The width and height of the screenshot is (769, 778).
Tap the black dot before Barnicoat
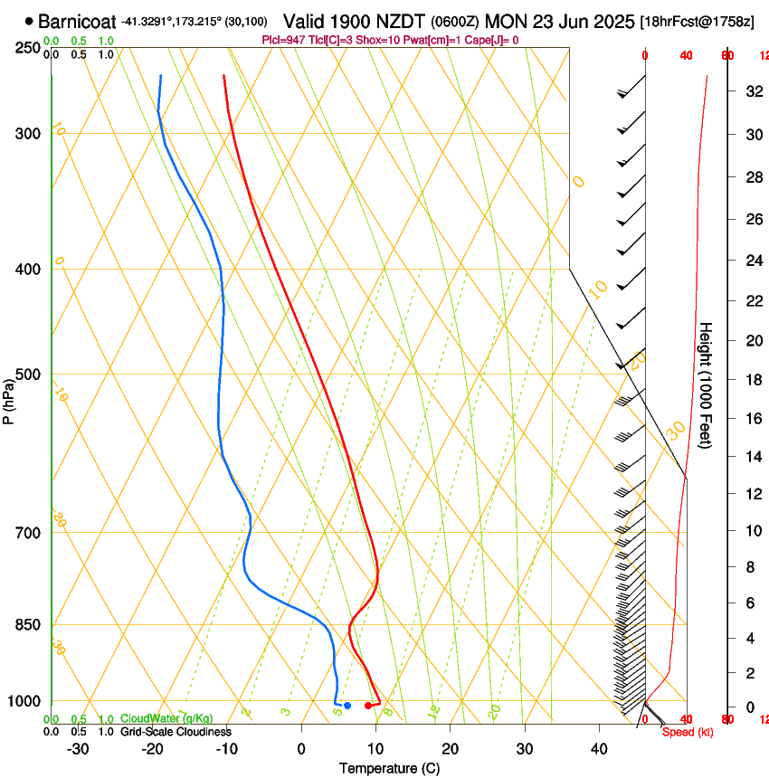coord(30,21)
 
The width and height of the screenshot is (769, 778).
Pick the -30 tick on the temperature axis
coord(78,749)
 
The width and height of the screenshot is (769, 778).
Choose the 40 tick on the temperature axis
coord(598,749)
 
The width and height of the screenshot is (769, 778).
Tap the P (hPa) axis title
coord(8,399)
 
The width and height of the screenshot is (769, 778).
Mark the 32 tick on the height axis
coord(751,91)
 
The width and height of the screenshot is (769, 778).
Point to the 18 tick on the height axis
coord(751,380)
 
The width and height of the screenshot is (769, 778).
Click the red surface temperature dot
coord(368,706)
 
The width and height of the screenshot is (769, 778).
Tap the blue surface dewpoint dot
coord(347,706)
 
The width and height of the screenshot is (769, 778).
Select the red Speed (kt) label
coord(688,732)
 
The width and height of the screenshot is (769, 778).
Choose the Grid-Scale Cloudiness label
coord(176,732)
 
